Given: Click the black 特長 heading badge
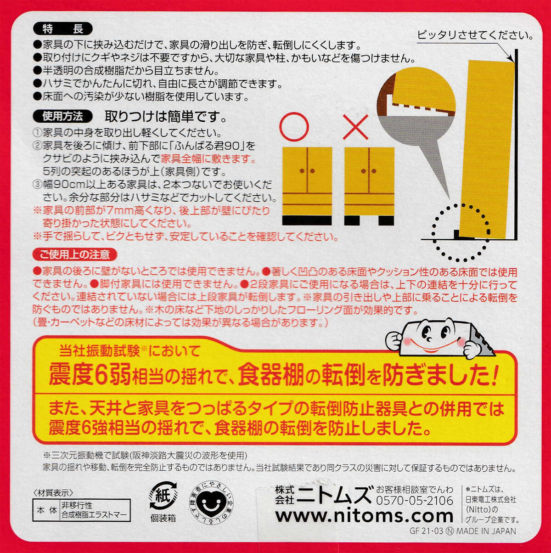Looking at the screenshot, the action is pyautogui.click(x=63, y=28).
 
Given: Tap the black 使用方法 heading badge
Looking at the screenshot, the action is pyautogui.click(x=63, y=116).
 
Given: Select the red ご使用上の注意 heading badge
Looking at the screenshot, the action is pyautogui.click(x=74, y=254).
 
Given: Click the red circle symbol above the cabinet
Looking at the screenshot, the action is pyautogui.click(x=294, y=127).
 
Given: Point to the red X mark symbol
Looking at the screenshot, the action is pyautogui.click(x=355, y=127).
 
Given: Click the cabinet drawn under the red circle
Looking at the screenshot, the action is pyautogui.click(x=307, y=186).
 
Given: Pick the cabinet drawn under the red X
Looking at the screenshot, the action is pyautogui.click(x=369, y=186).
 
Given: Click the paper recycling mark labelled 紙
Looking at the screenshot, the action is pyautogui.click(x=163, y=496).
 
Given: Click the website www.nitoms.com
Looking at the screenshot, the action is pyautogui.click(x=364, y=516).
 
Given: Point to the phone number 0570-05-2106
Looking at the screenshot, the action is pyautogui.click(x=414, y=501).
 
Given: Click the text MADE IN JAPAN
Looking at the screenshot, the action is pyautogui.click(x=486, y=531).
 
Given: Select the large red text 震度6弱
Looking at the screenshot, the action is pyautogui.click(x=90, y=374).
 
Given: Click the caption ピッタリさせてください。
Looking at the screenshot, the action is pyautogui.click(x=475, y=35).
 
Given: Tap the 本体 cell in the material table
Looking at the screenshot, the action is pyautogui.click(x=46, y=510).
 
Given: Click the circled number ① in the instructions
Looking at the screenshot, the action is pyautogui.click(x=38, y=133).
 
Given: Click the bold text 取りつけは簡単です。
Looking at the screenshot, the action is pyautogui.click(x=166, y=116).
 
